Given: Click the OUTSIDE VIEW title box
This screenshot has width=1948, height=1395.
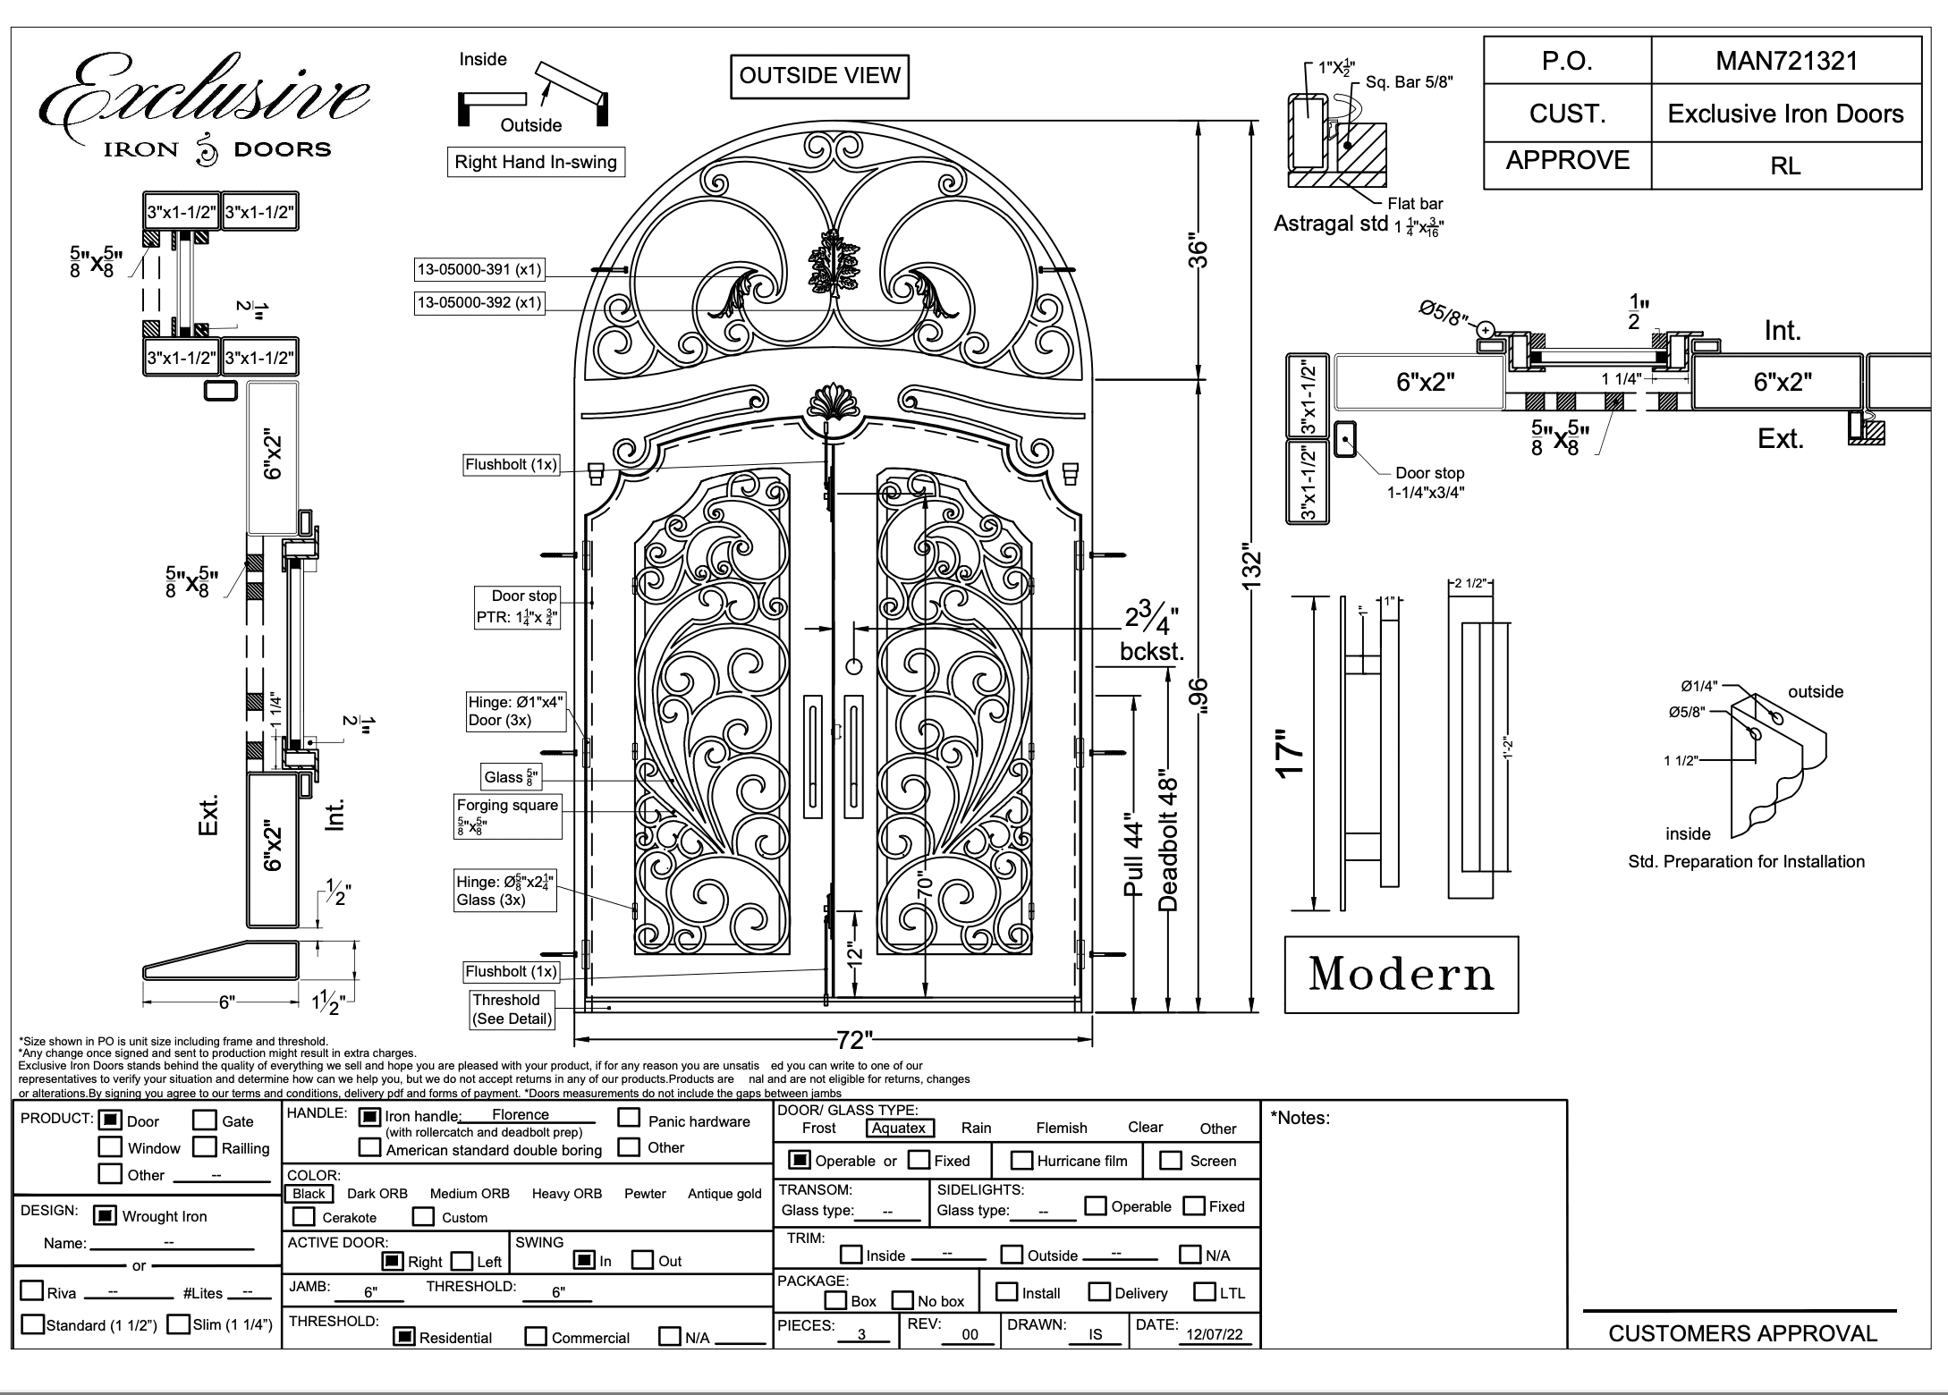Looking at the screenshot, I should click(819, 76).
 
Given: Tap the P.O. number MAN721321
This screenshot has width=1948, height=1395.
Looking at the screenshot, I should click(1786, 61).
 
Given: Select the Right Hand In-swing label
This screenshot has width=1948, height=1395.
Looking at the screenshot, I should click(536, 162).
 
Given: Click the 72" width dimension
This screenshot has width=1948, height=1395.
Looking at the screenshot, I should click(854, 1040).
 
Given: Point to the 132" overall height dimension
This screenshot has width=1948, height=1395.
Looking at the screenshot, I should click(1251, 569).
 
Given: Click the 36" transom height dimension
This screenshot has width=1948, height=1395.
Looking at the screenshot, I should click(1198, 253).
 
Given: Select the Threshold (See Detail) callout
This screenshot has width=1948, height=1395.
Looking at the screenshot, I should click(512, 1010).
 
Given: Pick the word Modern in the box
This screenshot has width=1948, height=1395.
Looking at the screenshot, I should click(1402, 974).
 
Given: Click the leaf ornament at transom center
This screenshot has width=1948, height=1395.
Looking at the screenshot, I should click(834, 260).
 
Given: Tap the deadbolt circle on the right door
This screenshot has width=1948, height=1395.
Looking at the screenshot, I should click(853, 666).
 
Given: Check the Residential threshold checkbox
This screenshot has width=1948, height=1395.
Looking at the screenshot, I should click(405, 1337).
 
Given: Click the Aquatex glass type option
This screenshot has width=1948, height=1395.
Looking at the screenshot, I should click(899, 1129).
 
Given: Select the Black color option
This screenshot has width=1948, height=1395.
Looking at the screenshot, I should click(309, 1194).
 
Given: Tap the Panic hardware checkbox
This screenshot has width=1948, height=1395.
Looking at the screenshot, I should click(630, 1118).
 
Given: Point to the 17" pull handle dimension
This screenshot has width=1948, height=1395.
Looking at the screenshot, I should click(1290, 755).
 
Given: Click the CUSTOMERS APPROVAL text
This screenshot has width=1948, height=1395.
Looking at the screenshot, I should click(1742, 1334).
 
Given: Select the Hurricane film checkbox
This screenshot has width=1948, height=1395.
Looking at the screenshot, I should click(1021, 1161).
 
